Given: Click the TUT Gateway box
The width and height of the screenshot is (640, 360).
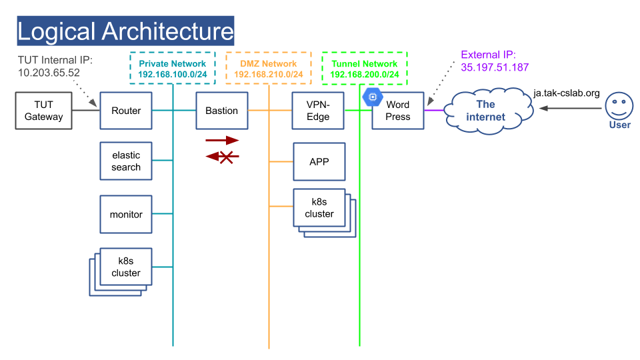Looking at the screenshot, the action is tap(44, 111).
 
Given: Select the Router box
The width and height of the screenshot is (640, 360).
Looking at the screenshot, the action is tap(126, 111).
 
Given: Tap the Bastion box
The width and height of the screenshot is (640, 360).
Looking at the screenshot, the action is tap(221, 111).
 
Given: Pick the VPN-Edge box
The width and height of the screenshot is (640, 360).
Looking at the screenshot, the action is tap(318, 111).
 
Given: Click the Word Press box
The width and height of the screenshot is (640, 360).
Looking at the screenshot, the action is tap(398, 111).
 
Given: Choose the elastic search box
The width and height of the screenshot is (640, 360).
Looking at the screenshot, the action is tap(126, 161).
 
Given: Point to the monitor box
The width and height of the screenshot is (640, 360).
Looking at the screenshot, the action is tap(126, 214).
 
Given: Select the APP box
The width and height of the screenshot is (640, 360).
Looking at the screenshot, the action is tap(319, 161).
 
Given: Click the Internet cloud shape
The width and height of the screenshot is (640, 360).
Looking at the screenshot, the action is tap(488, 111).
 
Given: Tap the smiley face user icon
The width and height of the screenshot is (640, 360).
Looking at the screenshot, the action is tap(619, 106).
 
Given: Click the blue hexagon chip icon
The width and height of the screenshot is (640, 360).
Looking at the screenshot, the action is tap(372, 97).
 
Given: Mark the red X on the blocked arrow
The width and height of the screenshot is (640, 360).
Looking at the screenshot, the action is tap(226, 157).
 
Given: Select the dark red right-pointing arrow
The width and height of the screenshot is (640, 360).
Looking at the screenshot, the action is tap(222, 141).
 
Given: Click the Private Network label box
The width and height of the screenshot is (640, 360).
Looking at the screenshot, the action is tap(173, 68).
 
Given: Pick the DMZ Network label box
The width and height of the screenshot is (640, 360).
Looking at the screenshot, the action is tap(269, 68).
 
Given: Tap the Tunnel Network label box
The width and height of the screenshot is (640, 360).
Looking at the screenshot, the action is tap(365, 68).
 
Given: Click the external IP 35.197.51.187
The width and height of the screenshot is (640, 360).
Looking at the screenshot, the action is tap(495, 67).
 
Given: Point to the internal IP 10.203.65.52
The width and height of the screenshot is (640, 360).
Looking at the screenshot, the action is tap(49, 73).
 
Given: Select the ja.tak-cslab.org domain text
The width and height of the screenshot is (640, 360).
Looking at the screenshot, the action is tap(567, 93).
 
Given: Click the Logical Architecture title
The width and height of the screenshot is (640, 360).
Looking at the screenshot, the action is tap(125, 31).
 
